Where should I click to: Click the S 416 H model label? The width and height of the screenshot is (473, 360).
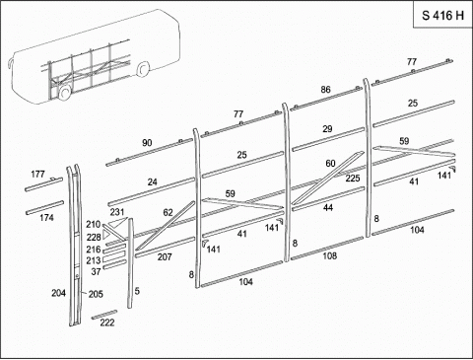[x=442, y=16]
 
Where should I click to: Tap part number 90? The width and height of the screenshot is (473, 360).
[x=147, y=143]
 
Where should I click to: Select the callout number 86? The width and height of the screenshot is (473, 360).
[x=325, y=90]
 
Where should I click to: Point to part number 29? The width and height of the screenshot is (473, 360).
[x=327, y=129]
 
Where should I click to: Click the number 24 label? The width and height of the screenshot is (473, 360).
[x=152, y=181]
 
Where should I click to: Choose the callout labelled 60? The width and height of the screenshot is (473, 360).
[x=330, y=164]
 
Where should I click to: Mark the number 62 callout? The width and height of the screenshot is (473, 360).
[x=168, y=213]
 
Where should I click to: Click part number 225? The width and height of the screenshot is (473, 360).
[x=353, y=179]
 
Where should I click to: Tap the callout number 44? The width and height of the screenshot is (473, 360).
[x=328, y=208]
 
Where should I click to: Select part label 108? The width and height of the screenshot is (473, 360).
[x=329, y=255]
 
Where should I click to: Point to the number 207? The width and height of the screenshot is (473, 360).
[x=165, y=256]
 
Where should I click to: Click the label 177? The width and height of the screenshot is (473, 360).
[x=37, y=174]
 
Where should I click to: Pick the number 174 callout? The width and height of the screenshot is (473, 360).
[x=46, y=218]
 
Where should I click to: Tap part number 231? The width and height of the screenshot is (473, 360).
[x=117, y=212]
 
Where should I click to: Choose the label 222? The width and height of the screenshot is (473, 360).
[x=107, y=323]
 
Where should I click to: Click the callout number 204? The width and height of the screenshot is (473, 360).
[x=58, y=293]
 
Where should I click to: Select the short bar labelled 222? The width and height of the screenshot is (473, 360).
[x=104, y=315]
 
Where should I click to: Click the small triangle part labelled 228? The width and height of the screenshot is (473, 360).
[x=106, y=234]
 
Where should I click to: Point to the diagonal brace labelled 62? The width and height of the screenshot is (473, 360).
[x=166, y=226]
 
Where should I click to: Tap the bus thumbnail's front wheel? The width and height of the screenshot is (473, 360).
[x=64, y=93]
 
